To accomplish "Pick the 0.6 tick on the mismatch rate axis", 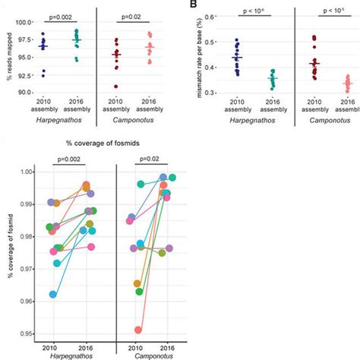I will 209,15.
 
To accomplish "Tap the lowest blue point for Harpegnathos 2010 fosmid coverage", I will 52,294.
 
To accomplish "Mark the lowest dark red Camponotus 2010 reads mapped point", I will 116,86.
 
